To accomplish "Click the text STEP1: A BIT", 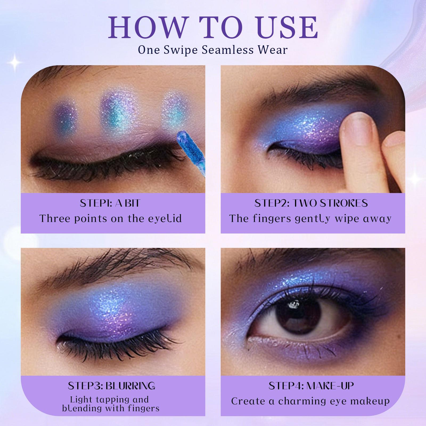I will (110, 203).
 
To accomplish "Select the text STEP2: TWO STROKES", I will (311, 203).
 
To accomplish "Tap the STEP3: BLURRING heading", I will (112, 386).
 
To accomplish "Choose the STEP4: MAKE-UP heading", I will (311, 386).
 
